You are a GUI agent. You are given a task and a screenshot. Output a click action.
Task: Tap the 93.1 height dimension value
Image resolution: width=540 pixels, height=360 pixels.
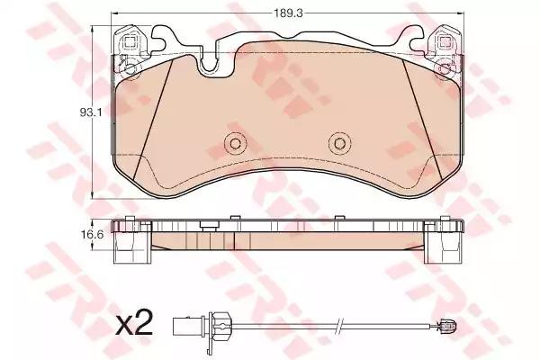[x=91, y=112]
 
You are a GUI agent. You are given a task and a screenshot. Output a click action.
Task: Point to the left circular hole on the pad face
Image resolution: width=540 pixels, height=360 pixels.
[x=236, y=143]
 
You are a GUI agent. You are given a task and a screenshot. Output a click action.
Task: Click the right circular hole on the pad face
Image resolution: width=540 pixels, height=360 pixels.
[x=340, y=143]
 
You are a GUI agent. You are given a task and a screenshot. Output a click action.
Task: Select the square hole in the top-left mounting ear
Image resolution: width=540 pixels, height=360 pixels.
[x=130, y=42]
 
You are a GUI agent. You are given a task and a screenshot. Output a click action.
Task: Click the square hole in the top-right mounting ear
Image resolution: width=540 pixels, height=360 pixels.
[x=445, y=42]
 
